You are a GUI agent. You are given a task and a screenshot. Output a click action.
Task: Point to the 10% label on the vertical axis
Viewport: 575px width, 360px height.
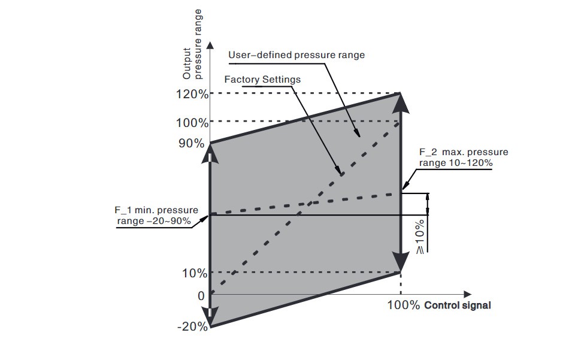[x=194, y=273]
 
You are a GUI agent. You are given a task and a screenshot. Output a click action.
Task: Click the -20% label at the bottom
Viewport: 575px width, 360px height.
[x=192, y=326]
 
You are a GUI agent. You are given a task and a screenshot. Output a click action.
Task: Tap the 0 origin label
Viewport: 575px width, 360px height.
[x=201, y=295]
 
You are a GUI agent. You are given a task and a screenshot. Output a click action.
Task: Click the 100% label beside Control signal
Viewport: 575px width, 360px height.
[x=403, y=305]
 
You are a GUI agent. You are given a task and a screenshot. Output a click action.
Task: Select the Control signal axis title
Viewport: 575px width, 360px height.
[x=458, y=305]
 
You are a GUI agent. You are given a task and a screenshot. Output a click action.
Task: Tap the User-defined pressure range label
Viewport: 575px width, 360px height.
[x=296, y=55]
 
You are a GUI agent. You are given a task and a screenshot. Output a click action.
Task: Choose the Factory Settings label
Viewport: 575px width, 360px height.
[x=262, y=79]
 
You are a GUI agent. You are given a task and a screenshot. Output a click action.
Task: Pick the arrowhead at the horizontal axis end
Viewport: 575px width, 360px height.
[x=468, y=295]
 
